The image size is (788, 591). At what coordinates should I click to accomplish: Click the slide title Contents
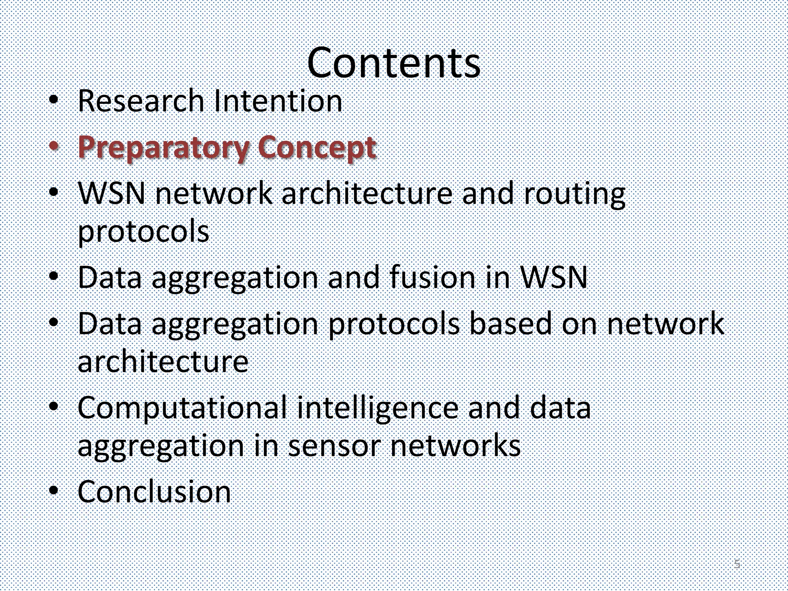click(x=394, y=63)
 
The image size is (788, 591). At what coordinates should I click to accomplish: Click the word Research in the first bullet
click(x=141, y=101)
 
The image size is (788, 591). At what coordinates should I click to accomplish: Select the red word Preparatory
click(x=163, y=148)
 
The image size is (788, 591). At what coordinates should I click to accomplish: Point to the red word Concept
click(x=316, y=148)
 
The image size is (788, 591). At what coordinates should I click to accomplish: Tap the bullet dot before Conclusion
click(x=54, y=491)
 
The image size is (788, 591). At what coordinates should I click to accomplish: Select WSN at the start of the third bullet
click(x=112, y=193)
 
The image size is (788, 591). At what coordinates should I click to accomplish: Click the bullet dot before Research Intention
click(x=54, y=100)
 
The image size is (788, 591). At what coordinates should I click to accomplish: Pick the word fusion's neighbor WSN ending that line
click(x=554, y=277)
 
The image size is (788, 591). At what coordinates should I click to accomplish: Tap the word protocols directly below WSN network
click(x=144, y=232)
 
